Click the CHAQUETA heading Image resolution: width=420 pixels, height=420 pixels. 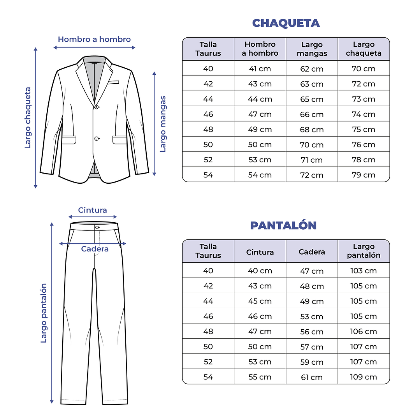(286, 23)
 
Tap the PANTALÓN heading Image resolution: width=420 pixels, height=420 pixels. (283, 225)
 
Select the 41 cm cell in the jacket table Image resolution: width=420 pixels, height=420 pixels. (260, 69)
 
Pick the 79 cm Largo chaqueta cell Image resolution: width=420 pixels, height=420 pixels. (364, 175)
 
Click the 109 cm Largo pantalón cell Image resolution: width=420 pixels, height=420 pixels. (364, 377)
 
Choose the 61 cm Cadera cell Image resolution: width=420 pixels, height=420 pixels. (311, 377)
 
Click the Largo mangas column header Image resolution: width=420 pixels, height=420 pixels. (312, 49)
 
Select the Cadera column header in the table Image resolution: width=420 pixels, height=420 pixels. (311, 252)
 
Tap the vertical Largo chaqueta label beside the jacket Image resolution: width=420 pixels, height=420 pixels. (28, 118)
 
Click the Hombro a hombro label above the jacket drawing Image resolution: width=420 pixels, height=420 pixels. (94, 39)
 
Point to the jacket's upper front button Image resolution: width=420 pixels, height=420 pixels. (96, 107)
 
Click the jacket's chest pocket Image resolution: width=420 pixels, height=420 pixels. (114, 83)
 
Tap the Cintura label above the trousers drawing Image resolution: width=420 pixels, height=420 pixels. (92, 210)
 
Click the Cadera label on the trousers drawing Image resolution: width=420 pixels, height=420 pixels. (95, 249)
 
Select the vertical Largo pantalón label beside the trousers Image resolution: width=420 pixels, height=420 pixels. (44, 313)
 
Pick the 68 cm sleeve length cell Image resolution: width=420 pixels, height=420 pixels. (311, 130)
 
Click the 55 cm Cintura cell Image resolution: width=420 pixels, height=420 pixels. (260, 377)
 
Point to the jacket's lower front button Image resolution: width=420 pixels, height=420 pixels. (96, 138)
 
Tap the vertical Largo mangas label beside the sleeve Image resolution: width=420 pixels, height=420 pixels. (163, 124)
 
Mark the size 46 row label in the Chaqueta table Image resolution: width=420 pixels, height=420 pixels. (208, 114)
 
